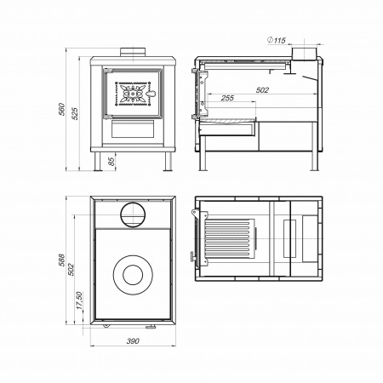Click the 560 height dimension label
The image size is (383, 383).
point(61,109)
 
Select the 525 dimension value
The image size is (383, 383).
point(75,113)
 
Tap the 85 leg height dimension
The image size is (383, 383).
point(111,162)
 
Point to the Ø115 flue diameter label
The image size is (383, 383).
point(277,40)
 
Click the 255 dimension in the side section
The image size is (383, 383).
point(227,98)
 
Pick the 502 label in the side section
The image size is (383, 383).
point(262,90)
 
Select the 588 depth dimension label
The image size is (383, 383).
point(61,260)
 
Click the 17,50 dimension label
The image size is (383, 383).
point(79,300)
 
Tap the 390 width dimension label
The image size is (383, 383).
point(133,340)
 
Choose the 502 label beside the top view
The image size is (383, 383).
point(71,270)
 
